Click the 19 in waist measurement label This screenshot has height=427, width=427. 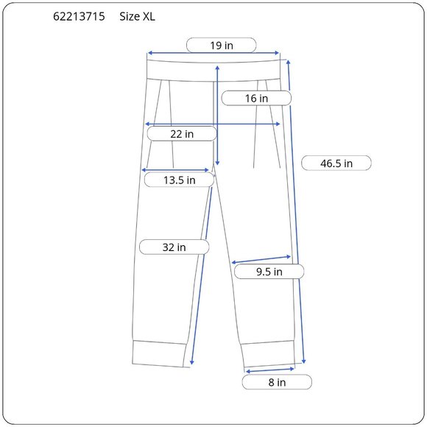coord(222,46)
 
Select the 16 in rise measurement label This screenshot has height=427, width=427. coord(256,99)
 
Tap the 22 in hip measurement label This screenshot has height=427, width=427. coord(182,134)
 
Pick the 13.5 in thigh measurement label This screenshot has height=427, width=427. coord(179,180)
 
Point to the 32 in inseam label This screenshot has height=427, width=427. coord(174,247)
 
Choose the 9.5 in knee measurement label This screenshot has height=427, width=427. coord(269,272)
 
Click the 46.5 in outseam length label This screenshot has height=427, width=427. coord(336,163)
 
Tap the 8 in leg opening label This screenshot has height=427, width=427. coord(277,382)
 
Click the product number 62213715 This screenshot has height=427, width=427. coord(79,17)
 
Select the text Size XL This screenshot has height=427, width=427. coord(137,17)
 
